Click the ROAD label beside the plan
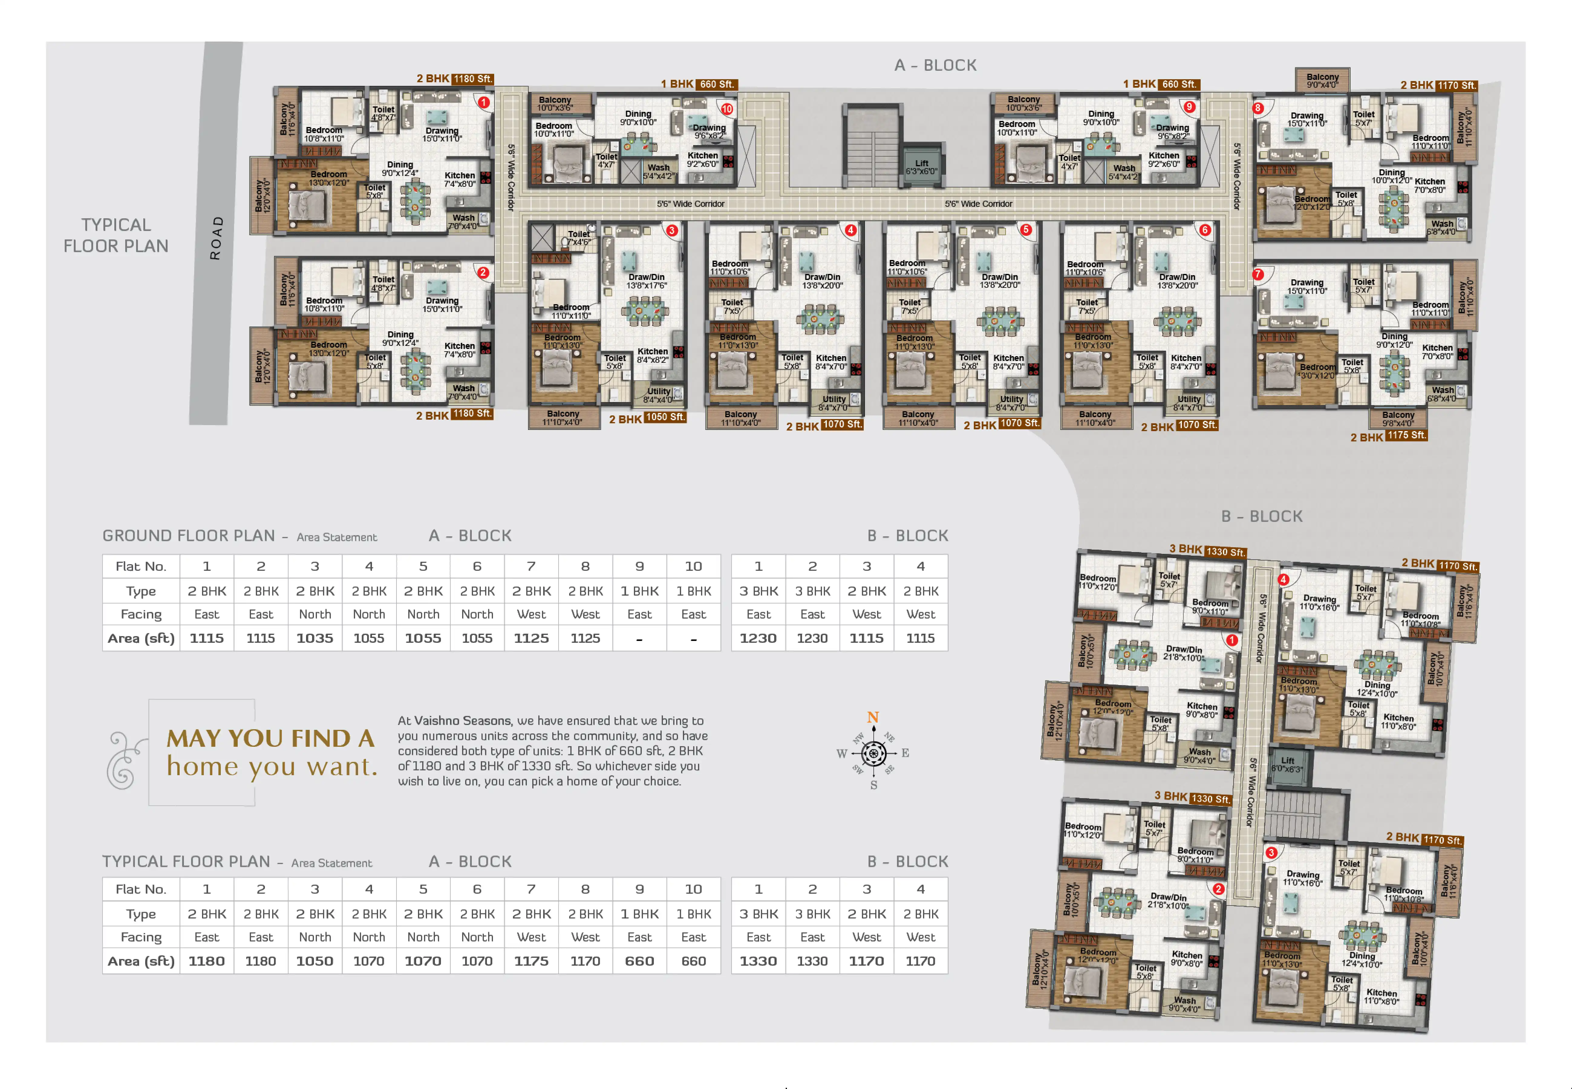pos(216,238)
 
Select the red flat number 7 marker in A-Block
pos(1258,274)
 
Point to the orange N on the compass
pos(873,717)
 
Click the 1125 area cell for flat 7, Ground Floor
pos(531,638)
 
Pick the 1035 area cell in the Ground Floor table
pos(315,638)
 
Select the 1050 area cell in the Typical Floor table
pos(315,961)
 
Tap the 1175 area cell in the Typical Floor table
pos(531,961)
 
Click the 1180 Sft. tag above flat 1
pos(472,79)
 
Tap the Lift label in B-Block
pos(1287,764)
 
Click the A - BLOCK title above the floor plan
pos(935,66)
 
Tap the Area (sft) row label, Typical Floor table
pos(141,961)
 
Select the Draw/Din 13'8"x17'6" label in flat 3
pos(646,281)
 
